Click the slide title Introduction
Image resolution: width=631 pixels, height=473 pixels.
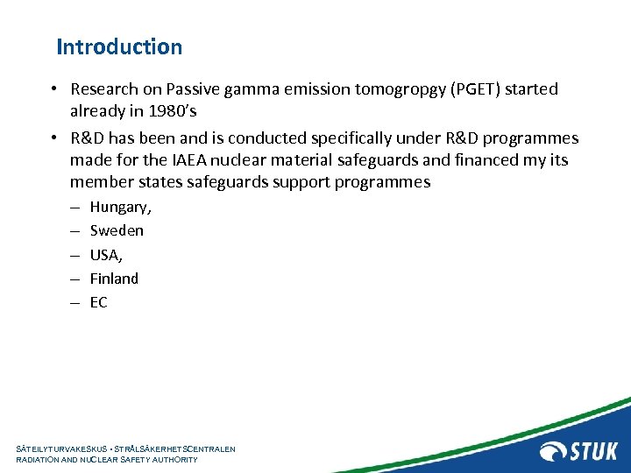[x=119, y=46]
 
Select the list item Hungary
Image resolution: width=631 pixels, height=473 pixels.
[x=120, y=207]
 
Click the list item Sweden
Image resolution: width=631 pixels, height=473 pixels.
[x=117, y=230]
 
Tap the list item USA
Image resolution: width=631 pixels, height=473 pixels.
[x=107, y=254]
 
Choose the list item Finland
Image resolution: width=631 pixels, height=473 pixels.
[x=114, y=279]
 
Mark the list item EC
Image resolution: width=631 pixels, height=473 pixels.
[x=99, y=302]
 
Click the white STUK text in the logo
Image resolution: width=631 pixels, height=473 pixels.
[x=595, y=451]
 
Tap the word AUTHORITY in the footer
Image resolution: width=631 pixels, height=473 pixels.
[x=173, y=459]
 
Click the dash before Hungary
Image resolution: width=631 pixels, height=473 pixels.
[x=74, y=207]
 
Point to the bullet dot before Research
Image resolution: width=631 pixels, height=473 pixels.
[x=54, y=89]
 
